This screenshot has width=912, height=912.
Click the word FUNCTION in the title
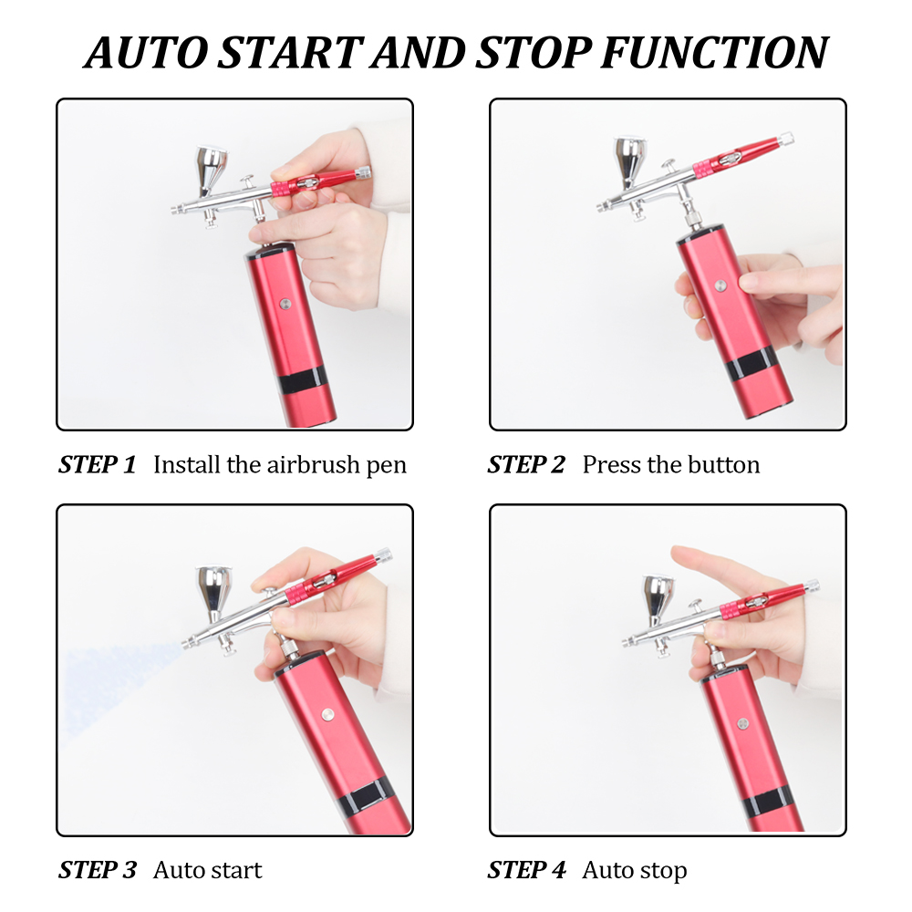(714, 53)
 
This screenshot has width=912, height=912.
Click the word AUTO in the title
(146, 53)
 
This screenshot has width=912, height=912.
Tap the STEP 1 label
(98, 464)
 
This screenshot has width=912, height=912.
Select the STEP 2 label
(526, 464)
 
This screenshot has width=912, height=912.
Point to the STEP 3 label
(98, 870)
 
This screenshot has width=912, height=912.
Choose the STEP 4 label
(526, 870)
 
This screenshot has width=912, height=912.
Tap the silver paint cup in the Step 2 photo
(630, 161)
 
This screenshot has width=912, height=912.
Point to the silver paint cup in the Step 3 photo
(214, 590)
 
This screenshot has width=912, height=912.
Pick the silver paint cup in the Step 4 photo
(658, 599)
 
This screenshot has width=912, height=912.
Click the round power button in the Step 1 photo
(285, 304)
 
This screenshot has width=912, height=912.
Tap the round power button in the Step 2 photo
(720, 285)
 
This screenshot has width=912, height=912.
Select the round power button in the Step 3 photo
(327, 714)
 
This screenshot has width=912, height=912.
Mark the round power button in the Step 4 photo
(742, 723)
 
